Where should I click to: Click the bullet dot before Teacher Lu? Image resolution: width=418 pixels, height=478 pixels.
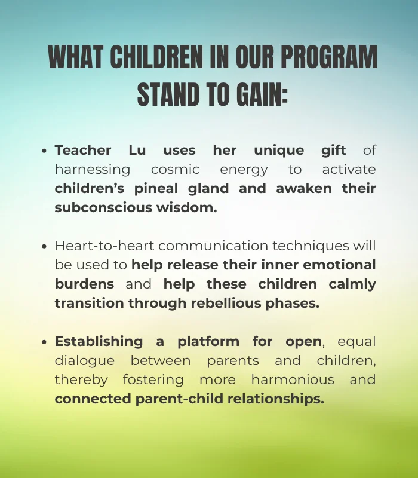(45, 151)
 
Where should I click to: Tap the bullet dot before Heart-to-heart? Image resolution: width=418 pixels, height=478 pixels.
(45, 246)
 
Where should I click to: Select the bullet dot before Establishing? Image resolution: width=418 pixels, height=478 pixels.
(45, 342)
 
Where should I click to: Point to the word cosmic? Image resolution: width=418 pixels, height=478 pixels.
(175, 169)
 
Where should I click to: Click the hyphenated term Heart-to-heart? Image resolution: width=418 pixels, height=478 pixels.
(105, 246)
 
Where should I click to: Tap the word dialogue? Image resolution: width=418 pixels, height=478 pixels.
(84, 360)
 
